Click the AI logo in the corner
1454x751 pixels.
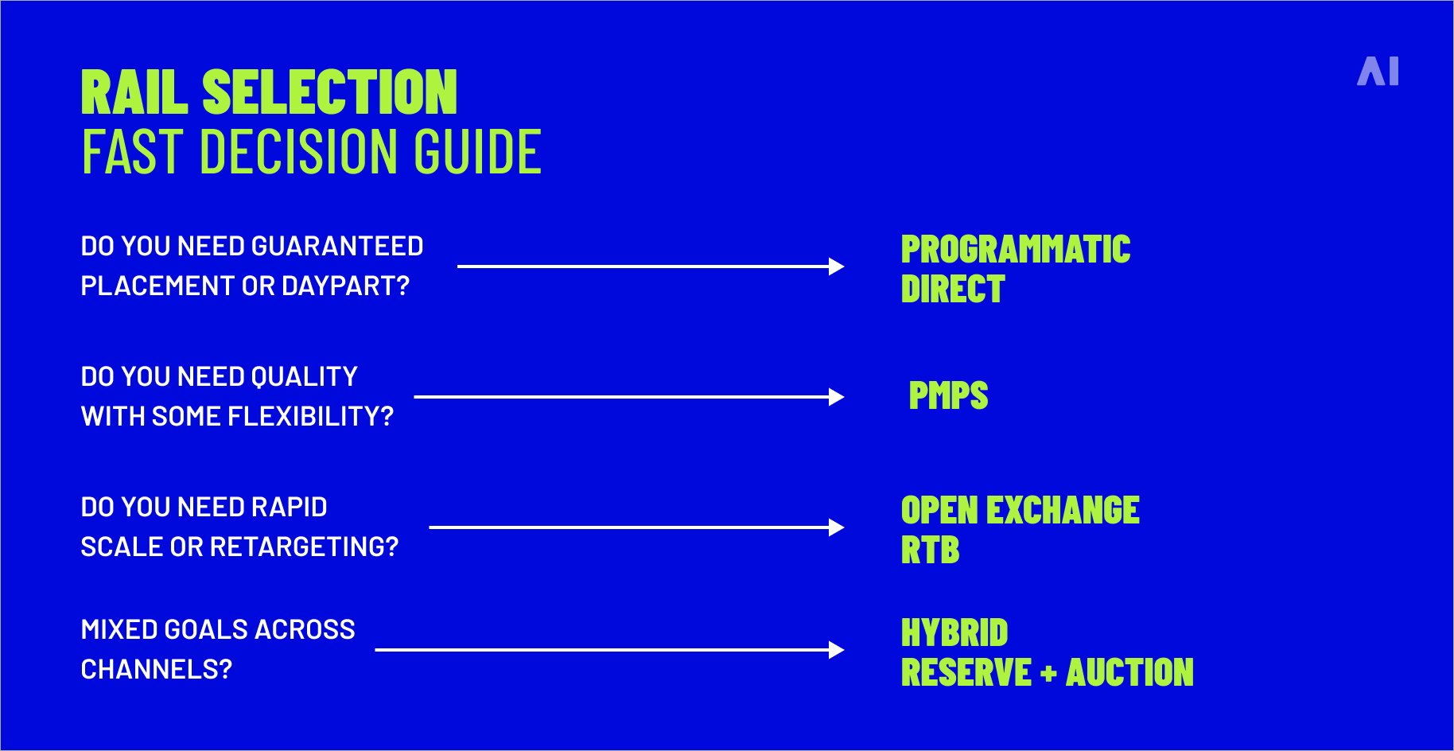point(1378,72)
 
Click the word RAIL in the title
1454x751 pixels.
point(134,93)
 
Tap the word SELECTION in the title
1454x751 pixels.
point(329,93)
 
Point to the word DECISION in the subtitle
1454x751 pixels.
point(300,152)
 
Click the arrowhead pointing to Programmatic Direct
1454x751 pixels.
point(836,267)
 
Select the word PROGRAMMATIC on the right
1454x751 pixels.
point(1016,250)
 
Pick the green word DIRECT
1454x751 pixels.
point(953,290)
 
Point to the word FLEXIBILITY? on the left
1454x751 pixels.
point(310,417)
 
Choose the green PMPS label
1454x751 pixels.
point(948,396)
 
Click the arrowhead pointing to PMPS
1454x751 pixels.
point(836,397)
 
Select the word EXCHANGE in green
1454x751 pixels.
point(1063,511)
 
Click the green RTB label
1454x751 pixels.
point(930,551)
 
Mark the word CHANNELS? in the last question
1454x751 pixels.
point(157,670)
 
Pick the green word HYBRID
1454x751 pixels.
point(954,633)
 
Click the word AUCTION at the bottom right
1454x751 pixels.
point(1129,673)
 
